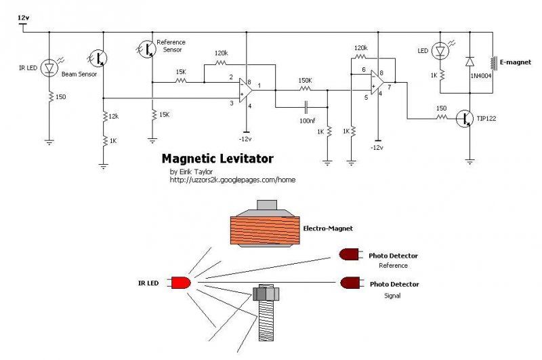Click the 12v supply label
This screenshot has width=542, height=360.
click(23, 18)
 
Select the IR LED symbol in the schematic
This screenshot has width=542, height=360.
click(49, 68)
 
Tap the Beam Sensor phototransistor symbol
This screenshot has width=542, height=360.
click(98, 58)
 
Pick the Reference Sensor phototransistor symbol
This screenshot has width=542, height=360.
click(146, 49)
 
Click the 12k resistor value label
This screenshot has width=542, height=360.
click(113, 117)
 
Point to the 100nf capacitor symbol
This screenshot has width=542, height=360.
click(306, 108)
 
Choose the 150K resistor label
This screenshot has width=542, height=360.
click(305, 81)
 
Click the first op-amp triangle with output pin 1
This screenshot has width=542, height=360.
click(246, 91)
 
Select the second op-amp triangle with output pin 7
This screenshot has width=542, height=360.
click(378, 82)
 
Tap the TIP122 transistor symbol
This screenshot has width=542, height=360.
click(465, 119)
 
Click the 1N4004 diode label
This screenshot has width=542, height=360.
click(481, 76)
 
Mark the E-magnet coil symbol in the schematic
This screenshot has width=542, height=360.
click(492, 63)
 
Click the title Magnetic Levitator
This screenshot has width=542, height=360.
click(217, 159)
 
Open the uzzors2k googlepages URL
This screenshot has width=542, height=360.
click(232, 180)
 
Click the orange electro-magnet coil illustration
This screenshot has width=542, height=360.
click(265, 231)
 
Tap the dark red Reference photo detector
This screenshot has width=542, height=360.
click(351, 255)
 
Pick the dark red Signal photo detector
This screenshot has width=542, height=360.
click(352, 283)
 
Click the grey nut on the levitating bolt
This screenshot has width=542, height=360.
click(266, 294)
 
